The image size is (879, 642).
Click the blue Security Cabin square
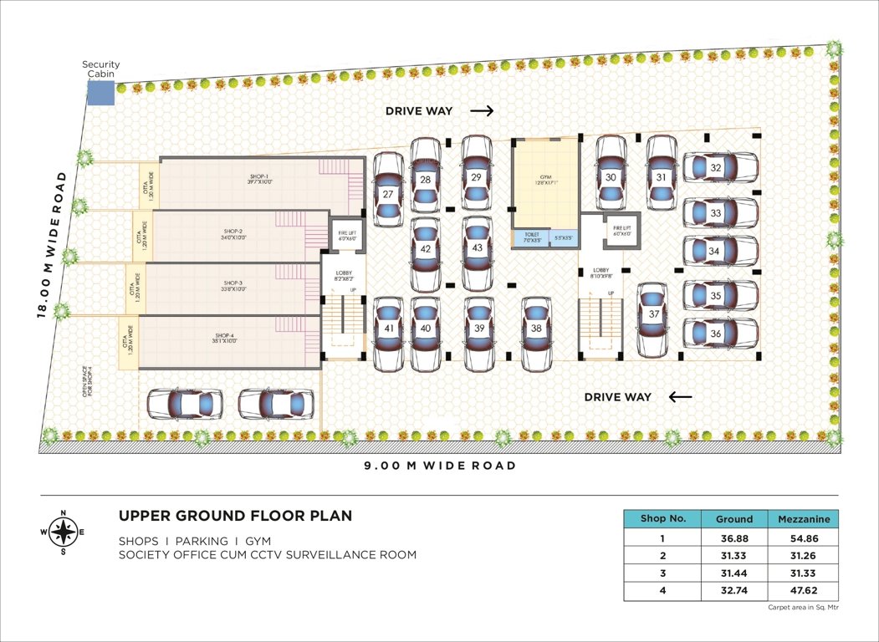coord(101,93)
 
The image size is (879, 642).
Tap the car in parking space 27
coord(388,189)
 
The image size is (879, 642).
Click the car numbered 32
coord(720,167)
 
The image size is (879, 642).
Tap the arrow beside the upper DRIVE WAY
coord(482,110)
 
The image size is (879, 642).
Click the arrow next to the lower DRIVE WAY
coord(681,396)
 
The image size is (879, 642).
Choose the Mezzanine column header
coord(803,518)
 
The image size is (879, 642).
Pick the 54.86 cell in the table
coord(803,539)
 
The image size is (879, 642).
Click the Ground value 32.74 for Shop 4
coord(734,592)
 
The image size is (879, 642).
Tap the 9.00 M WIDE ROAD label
coord(439,465)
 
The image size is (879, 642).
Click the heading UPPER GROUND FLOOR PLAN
coord(235,516)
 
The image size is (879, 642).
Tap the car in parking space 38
coord(536,334)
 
